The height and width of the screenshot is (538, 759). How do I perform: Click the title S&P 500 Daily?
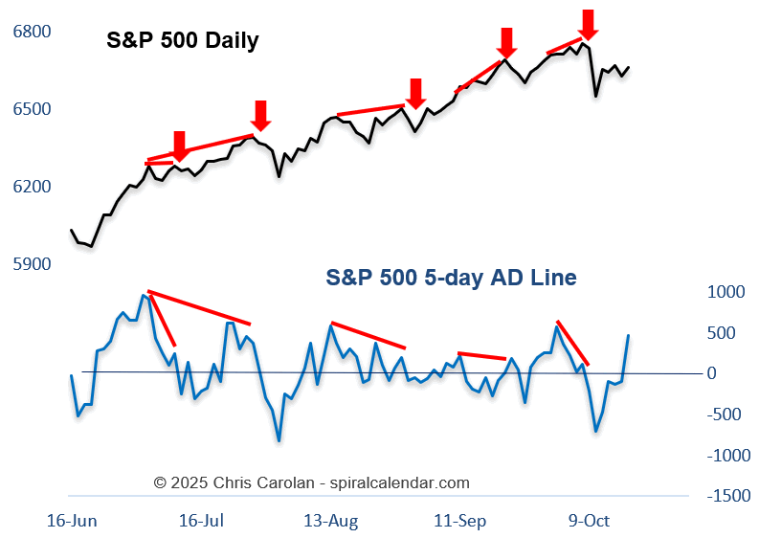[x=182, y=41]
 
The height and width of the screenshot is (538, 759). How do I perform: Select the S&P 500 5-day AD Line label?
[x=451, y=278]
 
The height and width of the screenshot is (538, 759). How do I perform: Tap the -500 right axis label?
[x=726, y=415]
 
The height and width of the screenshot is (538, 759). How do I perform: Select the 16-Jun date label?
[x=72, y=521]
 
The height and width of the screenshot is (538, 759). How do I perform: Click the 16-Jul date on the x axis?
[x=201, y=521]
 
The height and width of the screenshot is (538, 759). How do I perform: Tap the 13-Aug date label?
[x=331, y=521]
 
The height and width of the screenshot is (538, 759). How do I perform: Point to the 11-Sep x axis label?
[x=460, y=521]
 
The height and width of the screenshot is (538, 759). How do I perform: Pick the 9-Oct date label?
[x=589, y=521]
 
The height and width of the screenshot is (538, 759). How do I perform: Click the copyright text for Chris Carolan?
[x=312, y=482]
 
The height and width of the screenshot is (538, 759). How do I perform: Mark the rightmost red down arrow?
[x=589, y=24]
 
